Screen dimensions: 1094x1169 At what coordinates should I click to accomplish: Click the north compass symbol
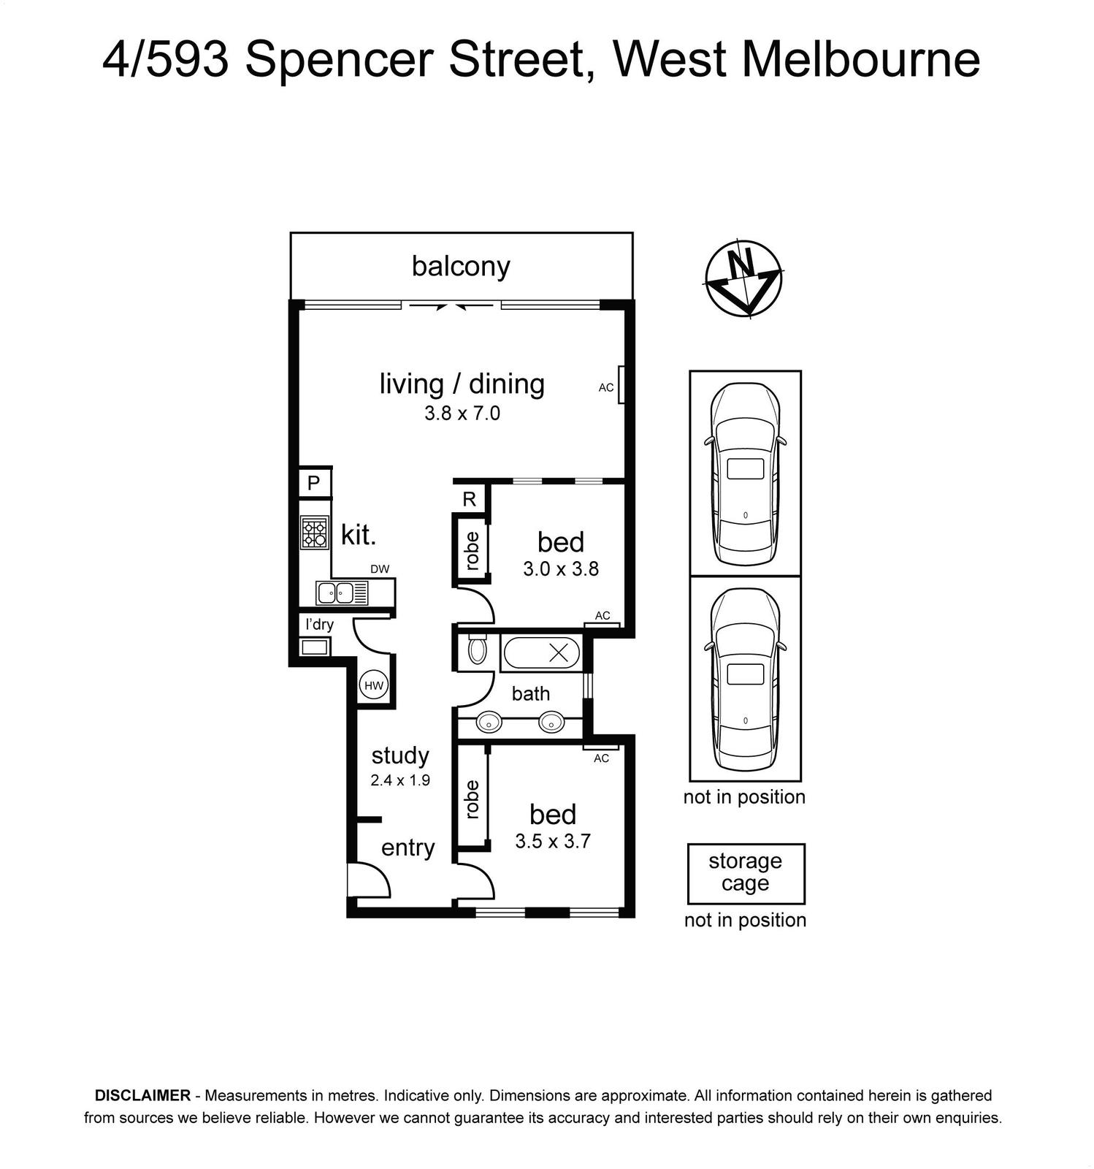[x=743, y=278]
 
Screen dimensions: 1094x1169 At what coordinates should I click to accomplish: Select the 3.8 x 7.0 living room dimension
[x=462, y=414]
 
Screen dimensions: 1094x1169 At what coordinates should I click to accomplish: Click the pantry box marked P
[x=314, y=482]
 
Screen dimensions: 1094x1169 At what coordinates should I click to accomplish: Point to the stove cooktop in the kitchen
[x=315, y=533]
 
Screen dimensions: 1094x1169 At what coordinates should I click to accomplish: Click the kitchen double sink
[x=343, y=593]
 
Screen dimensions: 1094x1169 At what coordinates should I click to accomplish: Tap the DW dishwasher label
[x=380, y=569]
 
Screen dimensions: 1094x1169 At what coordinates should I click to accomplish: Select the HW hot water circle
[x=374, y=685]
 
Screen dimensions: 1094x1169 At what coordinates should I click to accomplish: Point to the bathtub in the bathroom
[x=541, y=652]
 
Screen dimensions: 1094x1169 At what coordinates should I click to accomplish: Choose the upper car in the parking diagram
[x=745, y=473]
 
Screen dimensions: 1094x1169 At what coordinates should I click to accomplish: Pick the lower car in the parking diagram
[x=745, y=679]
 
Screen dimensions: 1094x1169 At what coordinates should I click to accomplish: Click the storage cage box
[x=746, y=874]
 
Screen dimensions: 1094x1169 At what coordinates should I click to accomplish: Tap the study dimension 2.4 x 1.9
[x=400, y=780]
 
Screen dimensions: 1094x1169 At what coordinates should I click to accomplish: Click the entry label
[x=408, y=848]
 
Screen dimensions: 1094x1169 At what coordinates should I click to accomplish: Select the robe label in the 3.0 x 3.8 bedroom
[x=472, y=550]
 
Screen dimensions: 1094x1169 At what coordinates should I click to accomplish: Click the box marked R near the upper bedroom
[x=470, y=499]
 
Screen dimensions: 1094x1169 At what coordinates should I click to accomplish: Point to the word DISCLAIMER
[x=142, y=1096]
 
